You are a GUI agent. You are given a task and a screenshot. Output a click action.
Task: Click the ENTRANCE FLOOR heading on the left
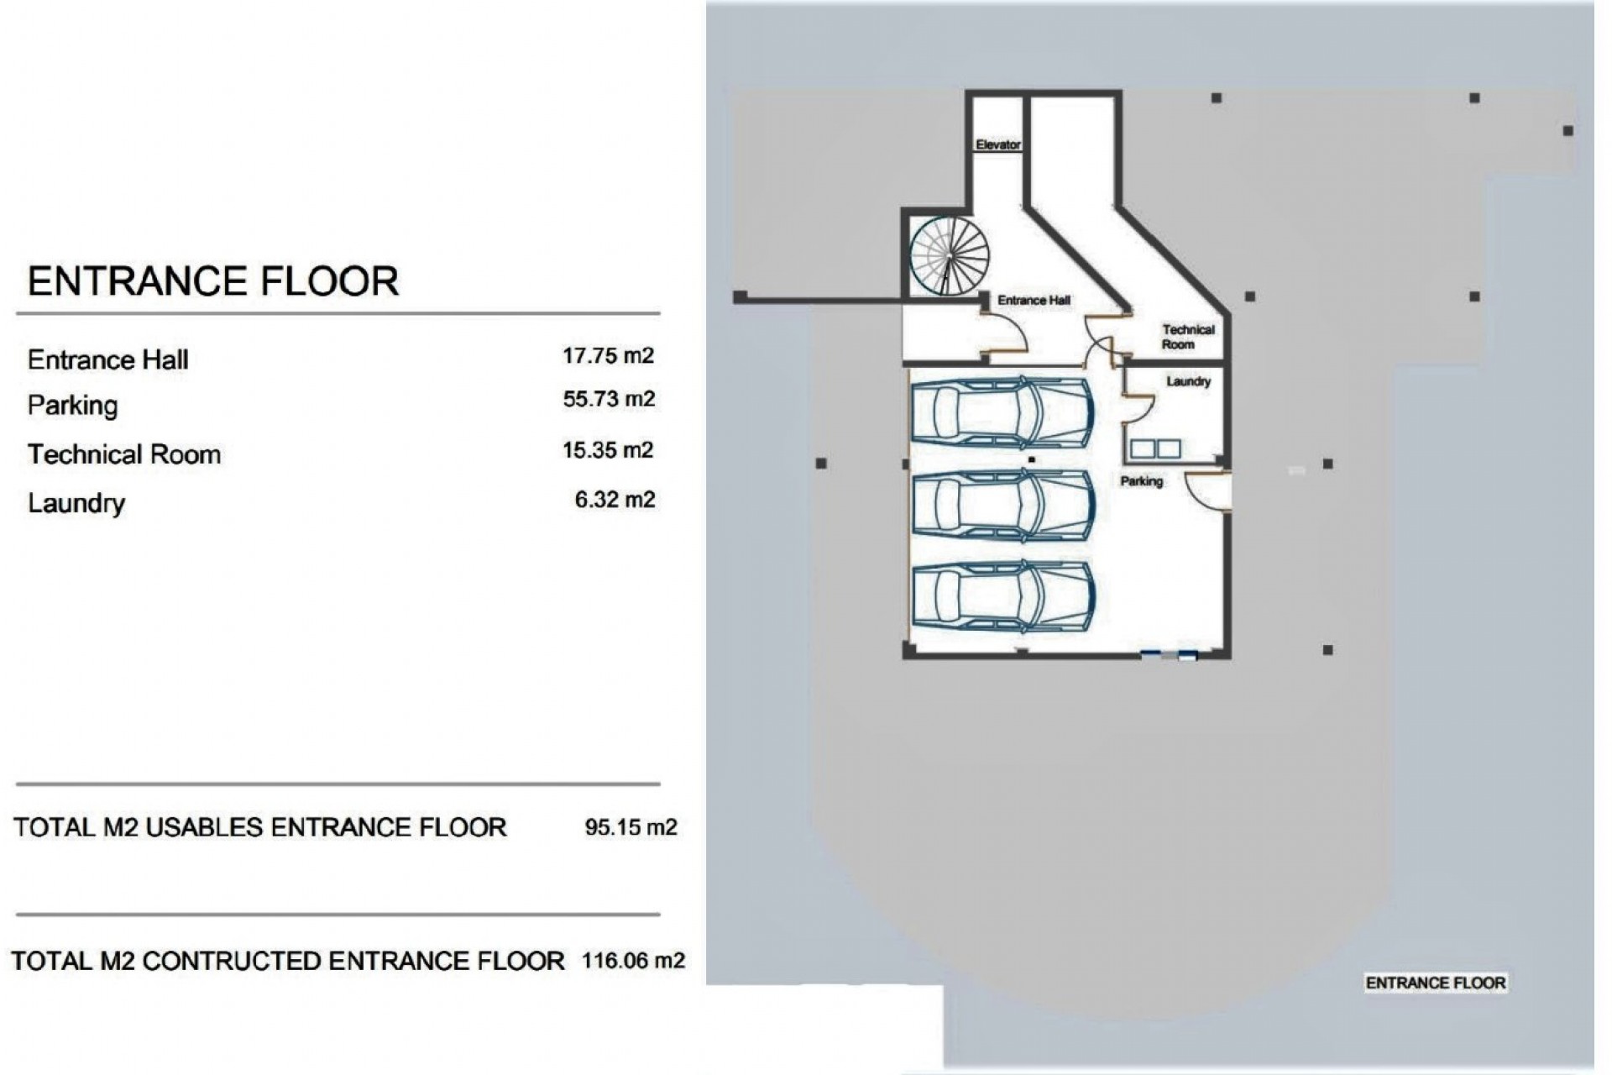[212, 281]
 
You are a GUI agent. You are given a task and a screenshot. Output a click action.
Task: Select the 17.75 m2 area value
[608, 356]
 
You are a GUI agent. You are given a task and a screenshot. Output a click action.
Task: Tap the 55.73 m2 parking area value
[609, 399]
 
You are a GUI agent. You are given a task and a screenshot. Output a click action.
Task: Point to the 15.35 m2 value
[608, 450]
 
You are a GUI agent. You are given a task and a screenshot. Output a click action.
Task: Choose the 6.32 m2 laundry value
[615, 500]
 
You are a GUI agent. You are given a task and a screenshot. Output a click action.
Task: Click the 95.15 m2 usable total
[631, 827]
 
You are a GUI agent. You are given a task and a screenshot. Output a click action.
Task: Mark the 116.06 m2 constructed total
[633, 960]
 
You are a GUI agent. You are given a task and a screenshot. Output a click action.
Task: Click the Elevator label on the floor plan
[997, 144]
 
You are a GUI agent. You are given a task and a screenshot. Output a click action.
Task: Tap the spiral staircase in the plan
[949, 255]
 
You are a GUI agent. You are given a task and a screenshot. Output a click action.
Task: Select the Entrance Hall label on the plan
[1034, 300]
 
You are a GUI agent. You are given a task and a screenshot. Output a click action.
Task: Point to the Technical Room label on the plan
[1187, 337]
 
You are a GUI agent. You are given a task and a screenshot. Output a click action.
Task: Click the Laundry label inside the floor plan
[1188, 381]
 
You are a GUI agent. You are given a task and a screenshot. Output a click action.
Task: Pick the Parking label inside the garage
[1141, 481]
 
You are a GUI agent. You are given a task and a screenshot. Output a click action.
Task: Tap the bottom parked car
[1003, 596]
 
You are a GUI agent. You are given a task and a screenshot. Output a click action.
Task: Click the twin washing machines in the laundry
[1154, 448]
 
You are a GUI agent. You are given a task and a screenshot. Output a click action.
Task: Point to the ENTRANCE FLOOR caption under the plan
[1435, 983]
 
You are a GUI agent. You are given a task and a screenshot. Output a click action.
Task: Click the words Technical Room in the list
[124, 454]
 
